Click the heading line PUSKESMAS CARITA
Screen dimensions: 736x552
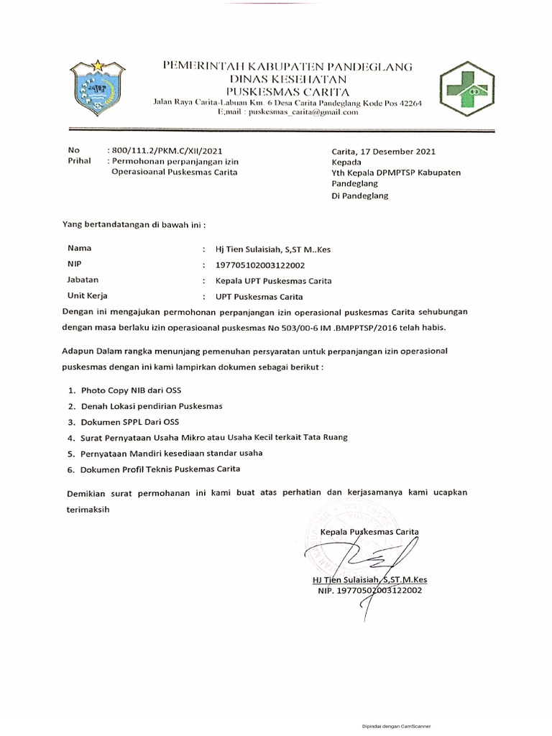pos(288,91)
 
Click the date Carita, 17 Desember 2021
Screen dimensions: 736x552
pos(383,152)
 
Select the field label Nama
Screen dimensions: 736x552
pos(79,248)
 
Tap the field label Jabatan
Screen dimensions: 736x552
pos(83,280)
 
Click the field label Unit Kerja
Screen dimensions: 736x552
pos(86,296)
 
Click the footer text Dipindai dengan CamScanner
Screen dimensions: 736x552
pos(396,726)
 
